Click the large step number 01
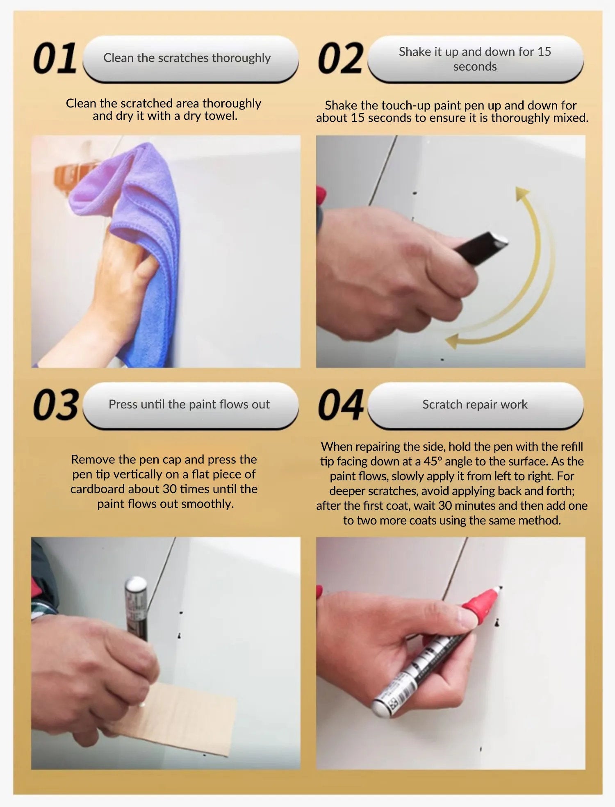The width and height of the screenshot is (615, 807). tap(55, 58)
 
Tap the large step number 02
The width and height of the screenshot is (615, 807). tap(340, 58)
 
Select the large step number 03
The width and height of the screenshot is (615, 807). tap(56, 405)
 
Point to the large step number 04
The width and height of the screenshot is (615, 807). tap(340, 405)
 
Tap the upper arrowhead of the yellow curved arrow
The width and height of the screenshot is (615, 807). tap(522, 193)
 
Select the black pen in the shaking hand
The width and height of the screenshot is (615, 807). tap(480, 248)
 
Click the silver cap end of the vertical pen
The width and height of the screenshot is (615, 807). tap(136, 584)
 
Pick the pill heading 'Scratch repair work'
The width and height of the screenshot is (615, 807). tap(475, 405)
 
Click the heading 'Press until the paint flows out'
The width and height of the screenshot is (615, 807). tap(189, 405)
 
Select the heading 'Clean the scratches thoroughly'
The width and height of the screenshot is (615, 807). tap(187, 58)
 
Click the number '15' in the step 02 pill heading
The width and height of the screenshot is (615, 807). tap(544, 52)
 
